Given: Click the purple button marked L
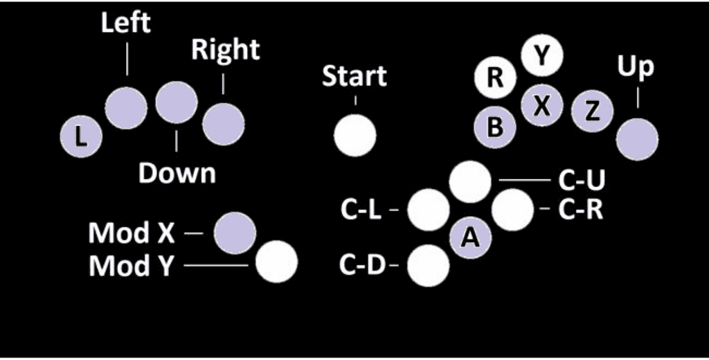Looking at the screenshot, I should click(x=81, y=136).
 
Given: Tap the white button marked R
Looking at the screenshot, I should click(x=495, y=77).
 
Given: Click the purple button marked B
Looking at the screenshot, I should click(x=495, y=127).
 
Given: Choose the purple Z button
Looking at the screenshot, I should click(x=593, y=111).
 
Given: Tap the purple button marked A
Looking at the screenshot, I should click(x=471, y=237).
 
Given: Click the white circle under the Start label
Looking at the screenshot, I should click(x=354, y=135).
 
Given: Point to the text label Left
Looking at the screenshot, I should click(x=126, y=22).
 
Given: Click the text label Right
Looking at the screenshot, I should click(x=225, y=50).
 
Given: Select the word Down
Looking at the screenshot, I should click(x=177, y=173).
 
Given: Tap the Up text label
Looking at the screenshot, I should click(x=635, y=67).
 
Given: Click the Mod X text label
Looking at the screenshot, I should click(x=132, y=234).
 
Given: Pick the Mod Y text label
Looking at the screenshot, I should click(x=132, y=265).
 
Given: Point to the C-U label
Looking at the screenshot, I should click(x=582, y=180).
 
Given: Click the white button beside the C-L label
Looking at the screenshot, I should click(x=429, y=210).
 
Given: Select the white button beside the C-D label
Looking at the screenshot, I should click(x=429, y=265).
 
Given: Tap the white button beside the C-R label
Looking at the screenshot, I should click(x=512, y=208).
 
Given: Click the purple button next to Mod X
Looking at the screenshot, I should click(x=235, y=233).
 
